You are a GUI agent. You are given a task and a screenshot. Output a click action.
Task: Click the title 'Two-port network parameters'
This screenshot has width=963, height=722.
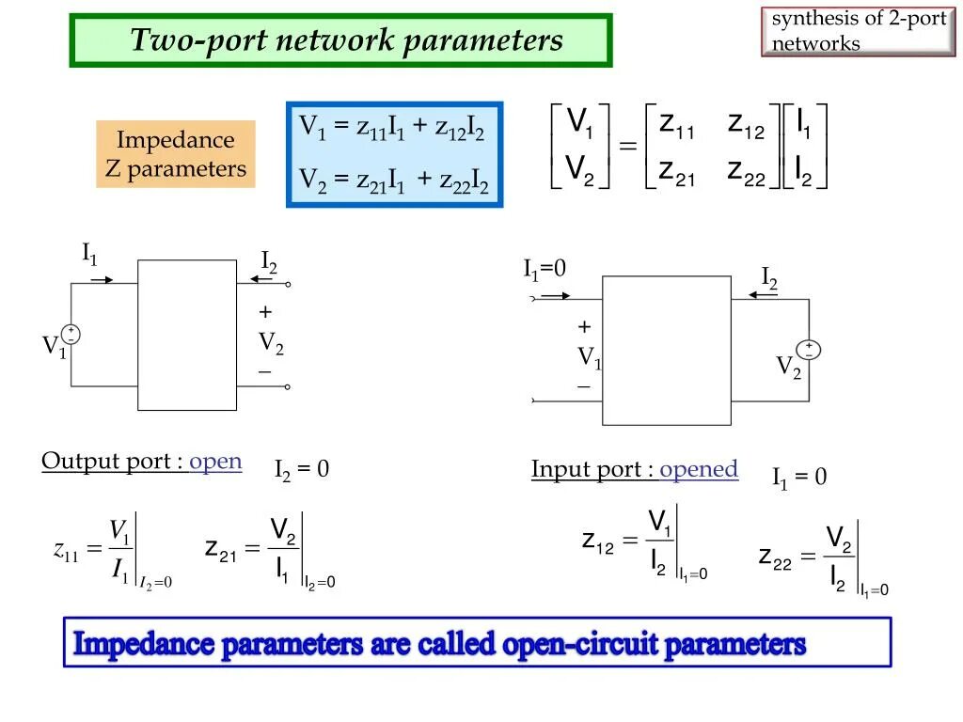(x=346, y=40)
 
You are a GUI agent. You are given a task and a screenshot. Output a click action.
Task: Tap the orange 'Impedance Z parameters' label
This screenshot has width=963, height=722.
(x=175, y=154)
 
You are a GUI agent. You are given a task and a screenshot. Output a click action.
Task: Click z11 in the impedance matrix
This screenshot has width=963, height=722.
(x=676, y=124)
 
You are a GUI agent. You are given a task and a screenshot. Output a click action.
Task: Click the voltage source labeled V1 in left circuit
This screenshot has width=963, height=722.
(x=71, y=334)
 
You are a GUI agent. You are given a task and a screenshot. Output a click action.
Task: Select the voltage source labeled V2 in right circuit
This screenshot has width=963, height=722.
(x=809, y=350)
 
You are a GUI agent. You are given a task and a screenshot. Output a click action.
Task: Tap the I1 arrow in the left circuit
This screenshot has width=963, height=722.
(x=103, y=279)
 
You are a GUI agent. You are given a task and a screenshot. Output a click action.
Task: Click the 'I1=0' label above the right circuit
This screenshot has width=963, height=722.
(x=545, y=270)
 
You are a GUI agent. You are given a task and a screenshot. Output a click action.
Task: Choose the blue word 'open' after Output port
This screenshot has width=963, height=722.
(x=215, y=462)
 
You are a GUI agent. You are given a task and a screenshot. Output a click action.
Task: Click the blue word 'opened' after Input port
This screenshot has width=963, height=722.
(x=699, y=469)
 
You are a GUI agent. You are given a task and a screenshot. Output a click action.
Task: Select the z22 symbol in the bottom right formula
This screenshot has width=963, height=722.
(x=774, y=556)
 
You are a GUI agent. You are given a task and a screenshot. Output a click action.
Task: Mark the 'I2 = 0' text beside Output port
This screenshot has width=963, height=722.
(x=302, y=469)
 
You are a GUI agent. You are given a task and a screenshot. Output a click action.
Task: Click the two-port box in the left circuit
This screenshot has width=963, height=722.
(x=187, y=335)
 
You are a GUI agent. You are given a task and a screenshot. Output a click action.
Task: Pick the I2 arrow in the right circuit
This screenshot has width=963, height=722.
(x=763, y=295)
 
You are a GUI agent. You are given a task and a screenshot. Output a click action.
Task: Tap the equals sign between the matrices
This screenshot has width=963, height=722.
(x=627, y=148)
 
